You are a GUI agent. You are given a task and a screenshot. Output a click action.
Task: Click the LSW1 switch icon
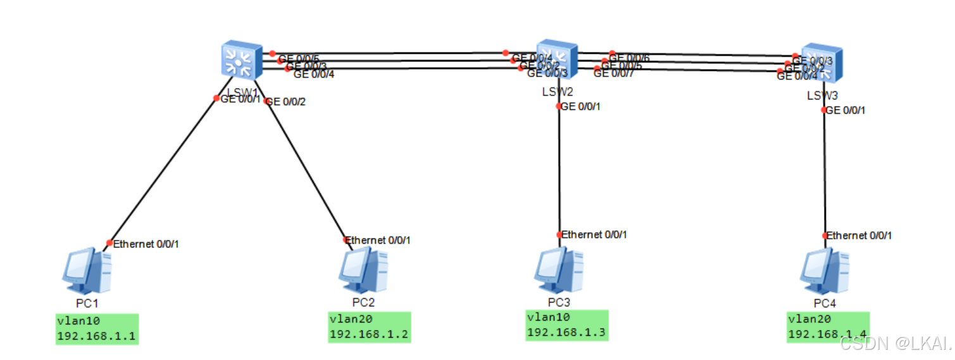coord(242,61)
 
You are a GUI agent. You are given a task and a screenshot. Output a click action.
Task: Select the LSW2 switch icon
coord(557,60)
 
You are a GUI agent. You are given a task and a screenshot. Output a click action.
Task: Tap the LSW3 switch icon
coord(821,63)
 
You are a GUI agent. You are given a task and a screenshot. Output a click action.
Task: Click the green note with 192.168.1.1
coord(97,328)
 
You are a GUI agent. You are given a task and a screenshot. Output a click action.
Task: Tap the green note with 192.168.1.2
coord(370,327)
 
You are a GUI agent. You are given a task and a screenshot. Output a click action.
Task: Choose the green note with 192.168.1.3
coord(566,325)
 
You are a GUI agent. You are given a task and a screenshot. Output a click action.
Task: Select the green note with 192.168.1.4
coord(828,327)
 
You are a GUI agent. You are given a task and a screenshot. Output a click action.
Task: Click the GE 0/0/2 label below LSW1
coord(285,102)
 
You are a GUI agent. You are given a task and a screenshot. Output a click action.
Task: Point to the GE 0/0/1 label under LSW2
coord(580,106)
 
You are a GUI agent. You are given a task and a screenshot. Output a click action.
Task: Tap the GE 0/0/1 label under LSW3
coord(846,110)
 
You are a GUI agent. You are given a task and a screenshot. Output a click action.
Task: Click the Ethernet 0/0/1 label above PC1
coord(146,244)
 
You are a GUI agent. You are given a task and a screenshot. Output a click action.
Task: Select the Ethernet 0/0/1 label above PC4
coord(859,235)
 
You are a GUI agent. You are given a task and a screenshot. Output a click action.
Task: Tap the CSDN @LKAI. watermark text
coord(894,344)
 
